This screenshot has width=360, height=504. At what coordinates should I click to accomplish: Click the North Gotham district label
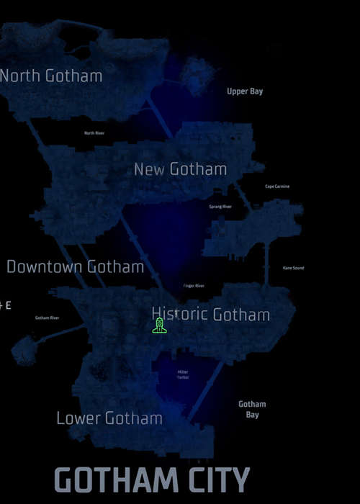coord(50,76)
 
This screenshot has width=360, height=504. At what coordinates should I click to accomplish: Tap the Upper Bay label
coord(246,91)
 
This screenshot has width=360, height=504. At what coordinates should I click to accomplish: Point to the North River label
coord(94,133)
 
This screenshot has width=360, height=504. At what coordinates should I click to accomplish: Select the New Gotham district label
coord(180,170)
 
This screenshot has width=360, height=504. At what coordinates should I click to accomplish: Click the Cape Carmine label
coord(277,186)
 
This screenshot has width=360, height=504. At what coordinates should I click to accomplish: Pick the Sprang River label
coord(220,207)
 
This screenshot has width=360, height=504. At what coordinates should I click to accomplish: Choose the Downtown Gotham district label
coord(76,267)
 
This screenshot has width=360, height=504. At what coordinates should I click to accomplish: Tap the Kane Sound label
coord(293,268)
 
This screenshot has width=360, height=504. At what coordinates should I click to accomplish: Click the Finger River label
coord(194,286)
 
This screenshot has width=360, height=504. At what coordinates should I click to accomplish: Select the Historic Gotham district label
coord(211,315)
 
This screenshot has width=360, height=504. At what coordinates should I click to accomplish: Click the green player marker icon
coord(160,326)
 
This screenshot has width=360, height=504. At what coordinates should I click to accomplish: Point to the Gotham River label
coord(47,318)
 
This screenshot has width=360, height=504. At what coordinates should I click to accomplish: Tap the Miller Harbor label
coord(183,374)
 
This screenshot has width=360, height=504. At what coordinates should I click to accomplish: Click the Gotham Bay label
coord(252,409)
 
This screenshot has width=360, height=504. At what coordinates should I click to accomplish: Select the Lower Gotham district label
coord(109,418)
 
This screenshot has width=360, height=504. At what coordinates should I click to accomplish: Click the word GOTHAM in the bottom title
coord(116,480)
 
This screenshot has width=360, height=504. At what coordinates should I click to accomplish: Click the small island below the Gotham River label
coord(26,353)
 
